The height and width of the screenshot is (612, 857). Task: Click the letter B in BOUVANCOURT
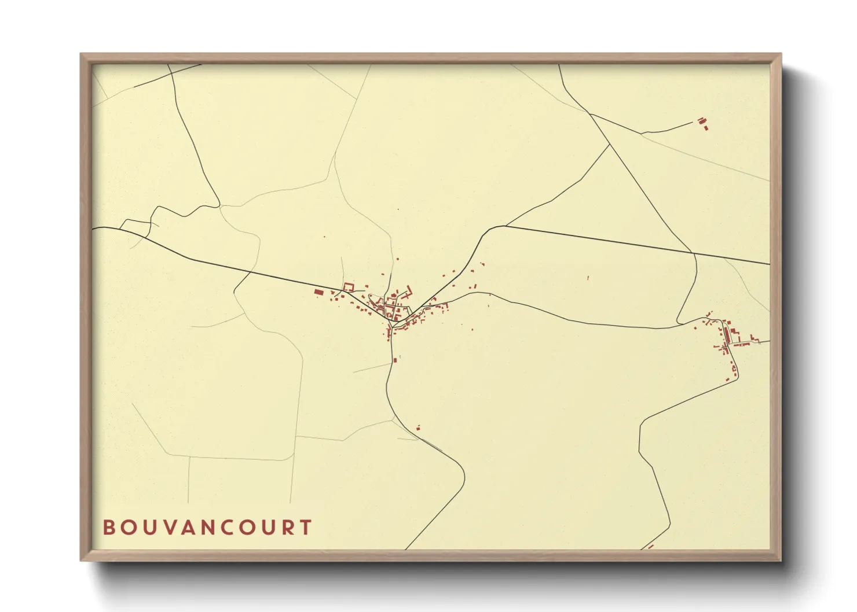[x=108, y=528]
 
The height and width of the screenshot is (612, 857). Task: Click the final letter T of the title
[x=306, y=528]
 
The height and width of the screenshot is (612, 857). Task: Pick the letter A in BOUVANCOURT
[x=185, y=528]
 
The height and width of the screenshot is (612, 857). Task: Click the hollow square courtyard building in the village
[x=349, y=286]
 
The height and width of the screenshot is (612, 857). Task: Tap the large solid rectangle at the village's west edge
[x=318, y=293]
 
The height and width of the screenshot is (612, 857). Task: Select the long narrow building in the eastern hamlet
[x=724, y=335]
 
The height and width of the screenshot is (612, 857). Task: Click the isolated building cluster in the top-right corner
[x=702, y=122]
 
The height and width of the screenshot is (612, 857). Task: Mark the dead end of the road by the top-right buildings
[x=693, y=122]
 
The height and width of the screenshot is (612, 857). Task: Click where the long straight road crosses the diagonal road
[x=694, y=253]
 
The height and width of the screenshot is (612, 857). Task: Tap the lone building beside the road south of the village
[x=418, y=428]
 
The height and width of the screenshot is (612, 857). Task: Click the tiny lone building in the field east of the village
[x=588, y=278]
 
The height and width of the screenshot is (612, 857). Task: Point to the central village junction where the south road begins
[x=392, y=327]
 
